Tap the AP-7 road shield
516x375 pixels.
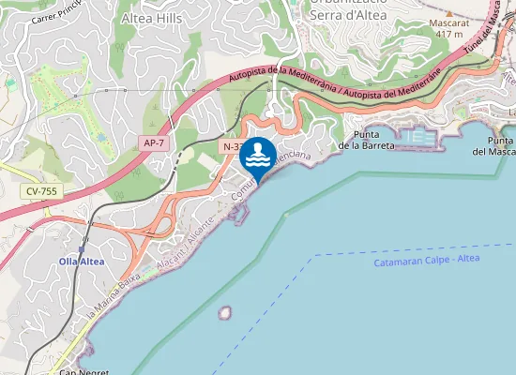pos(155,142)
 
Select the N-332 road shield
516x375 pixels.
pos(235,147)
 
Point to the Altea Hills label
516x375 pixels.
pos(152,17)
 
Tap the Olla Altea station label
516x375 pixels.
pos(82,261)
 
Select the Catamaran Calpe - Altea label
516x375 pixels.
pos(428,262)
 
